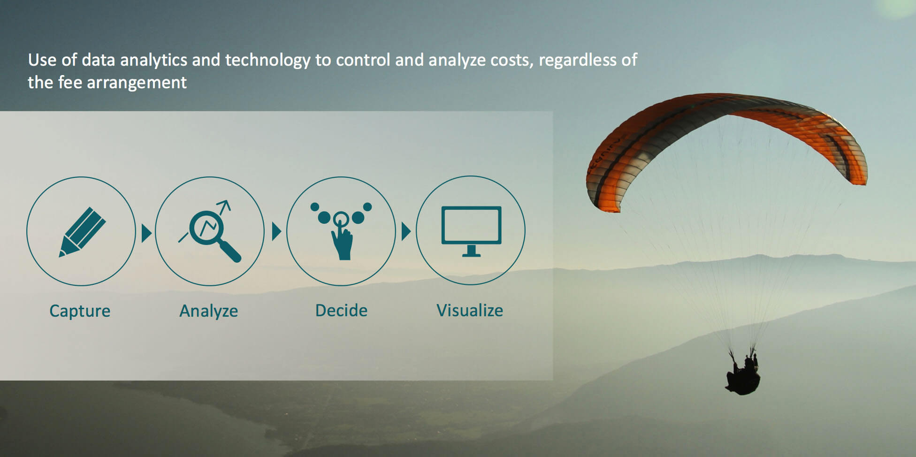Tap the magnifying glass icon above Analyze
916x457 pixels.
coord(210,231)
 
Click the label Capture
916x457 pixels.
coord(80,311)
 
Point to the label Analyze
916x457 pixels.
coord(209,311)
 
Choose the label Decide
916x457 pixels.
coord(341,310)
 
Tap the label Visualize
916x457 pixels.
coord(470,310)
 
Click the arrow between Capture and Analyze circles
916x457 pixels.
coord(146,233)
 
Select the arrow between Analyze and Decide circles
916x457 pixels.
coord(276,231)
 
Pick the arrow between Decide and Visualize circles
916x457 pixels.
coord(406,231)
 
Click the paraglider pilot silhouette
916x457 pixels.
coord(743,374)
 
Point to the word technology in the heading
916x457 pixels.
coord(267,61)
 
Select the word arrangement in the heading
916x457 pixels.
coord(137,83)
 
